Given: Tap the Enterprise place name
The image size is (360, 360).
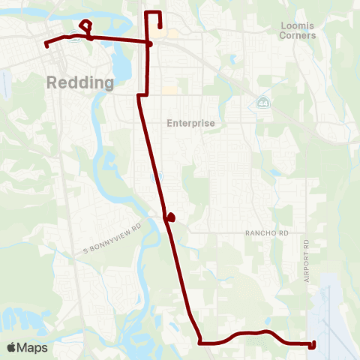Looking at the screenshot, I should pyautogui.click(x=190, y=123).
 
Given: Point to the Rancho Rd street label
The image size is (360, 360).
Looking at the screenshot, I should pyautogui.click(x=266, y=233).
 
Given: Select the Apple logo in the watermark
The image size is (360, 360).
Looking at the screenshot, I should pyautogui.click(x=13, y=347).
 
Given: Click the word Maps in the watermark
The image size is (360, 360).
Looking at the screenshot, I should pyautogui.click(x=34, y=347).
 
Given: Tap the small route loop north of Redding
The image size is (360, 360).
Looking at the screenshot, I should pyautogui.click(x=85, y=25).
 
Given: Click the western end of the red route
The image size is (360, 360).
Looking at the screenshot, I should pyautogui.click(x=46, y=45).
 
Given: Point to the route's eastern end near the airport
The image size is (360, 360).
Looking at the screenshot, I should pyautogui.click(x=313, y=344).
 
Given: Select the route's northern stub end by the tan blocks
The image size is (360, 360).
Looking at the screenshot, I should pyautogui.click(x=160, y=27).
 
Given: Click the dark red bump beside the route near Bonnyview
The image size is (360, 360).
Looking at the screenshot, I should pyautogui.click(x=172, y=217).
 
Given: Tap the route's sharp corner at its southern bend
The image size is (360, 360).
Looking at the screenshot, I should pyautogui.click(x=200, y=343).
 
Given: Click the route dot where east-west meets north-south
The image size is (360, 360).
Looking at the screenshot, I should pyautogui.click(x=150, y=43).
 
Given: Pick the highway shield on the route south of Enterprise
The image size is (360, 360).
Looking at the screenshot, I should pyautogui.click(x=155, y=177).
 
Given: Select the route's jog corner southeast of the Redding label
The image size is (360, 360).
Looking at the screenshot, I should pyautogui.click(x=139, y=96).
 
